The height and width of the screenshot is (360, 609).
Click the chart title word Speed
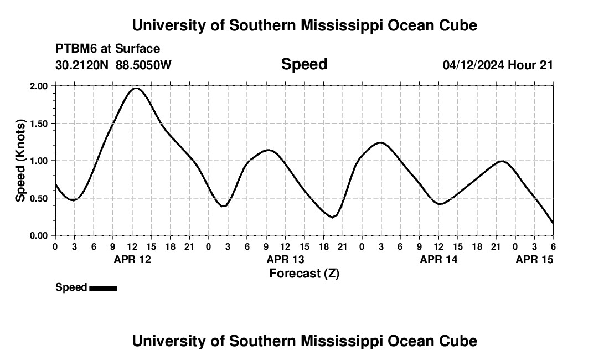tap(304, 64)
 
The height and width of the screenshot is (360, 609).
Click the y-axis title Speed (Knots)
tap(20, 160)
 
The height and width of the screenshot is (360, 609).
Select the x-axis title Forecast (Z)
tap(304, 273)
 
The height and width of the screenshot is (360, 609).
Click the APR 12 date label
tap(132, 259)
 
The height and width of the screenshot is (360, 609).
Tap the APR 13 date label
tap(285, 259)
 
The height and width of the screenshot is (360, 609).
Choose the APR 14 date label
tap(438, 259)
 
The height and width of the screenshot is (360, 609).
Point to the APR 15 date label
tap(534, 259)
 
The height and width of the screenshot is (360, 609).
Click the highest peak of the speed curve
tap(136, 88)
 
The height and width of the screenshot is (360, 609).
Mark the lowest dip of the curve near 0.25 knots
tap(332, 217)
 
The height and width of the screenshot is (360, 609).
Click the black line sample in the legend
tap(103, 288)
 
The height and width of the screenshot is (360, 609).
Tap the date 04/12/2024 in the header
tap(473, 65)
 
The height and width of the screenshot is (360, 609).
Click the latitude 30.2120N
tap(82, 65)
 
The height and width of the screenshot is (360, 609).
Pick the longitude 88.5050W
tap(143, 65)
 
